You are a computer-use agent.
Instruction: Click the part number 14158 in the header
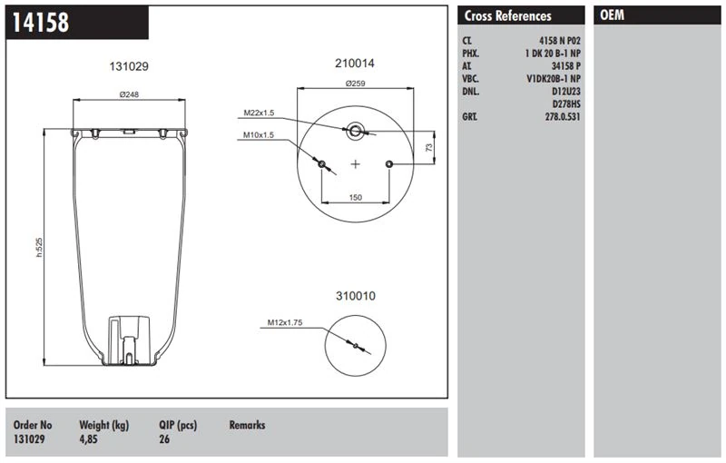click(41, 23)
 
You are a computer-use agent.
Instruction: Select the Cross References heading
click(507, 16)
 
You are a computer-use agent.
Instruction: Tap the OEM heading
click(613, 16)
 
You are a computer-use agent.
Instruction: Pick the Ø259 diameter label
click(354, 84)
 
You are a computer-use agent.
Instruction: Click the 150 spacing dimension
click(356, 196)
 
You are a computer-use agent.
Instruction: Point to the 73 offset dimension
click(428, 146)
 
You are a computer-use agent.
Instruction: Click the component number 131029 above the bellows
click(129, 66)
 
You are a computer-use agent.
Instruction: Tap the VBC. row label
click(472, 79)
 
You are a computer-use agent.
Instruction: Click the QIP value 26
click(165, 438)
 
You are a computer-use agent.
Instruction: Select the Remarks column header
click(247, 425)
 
